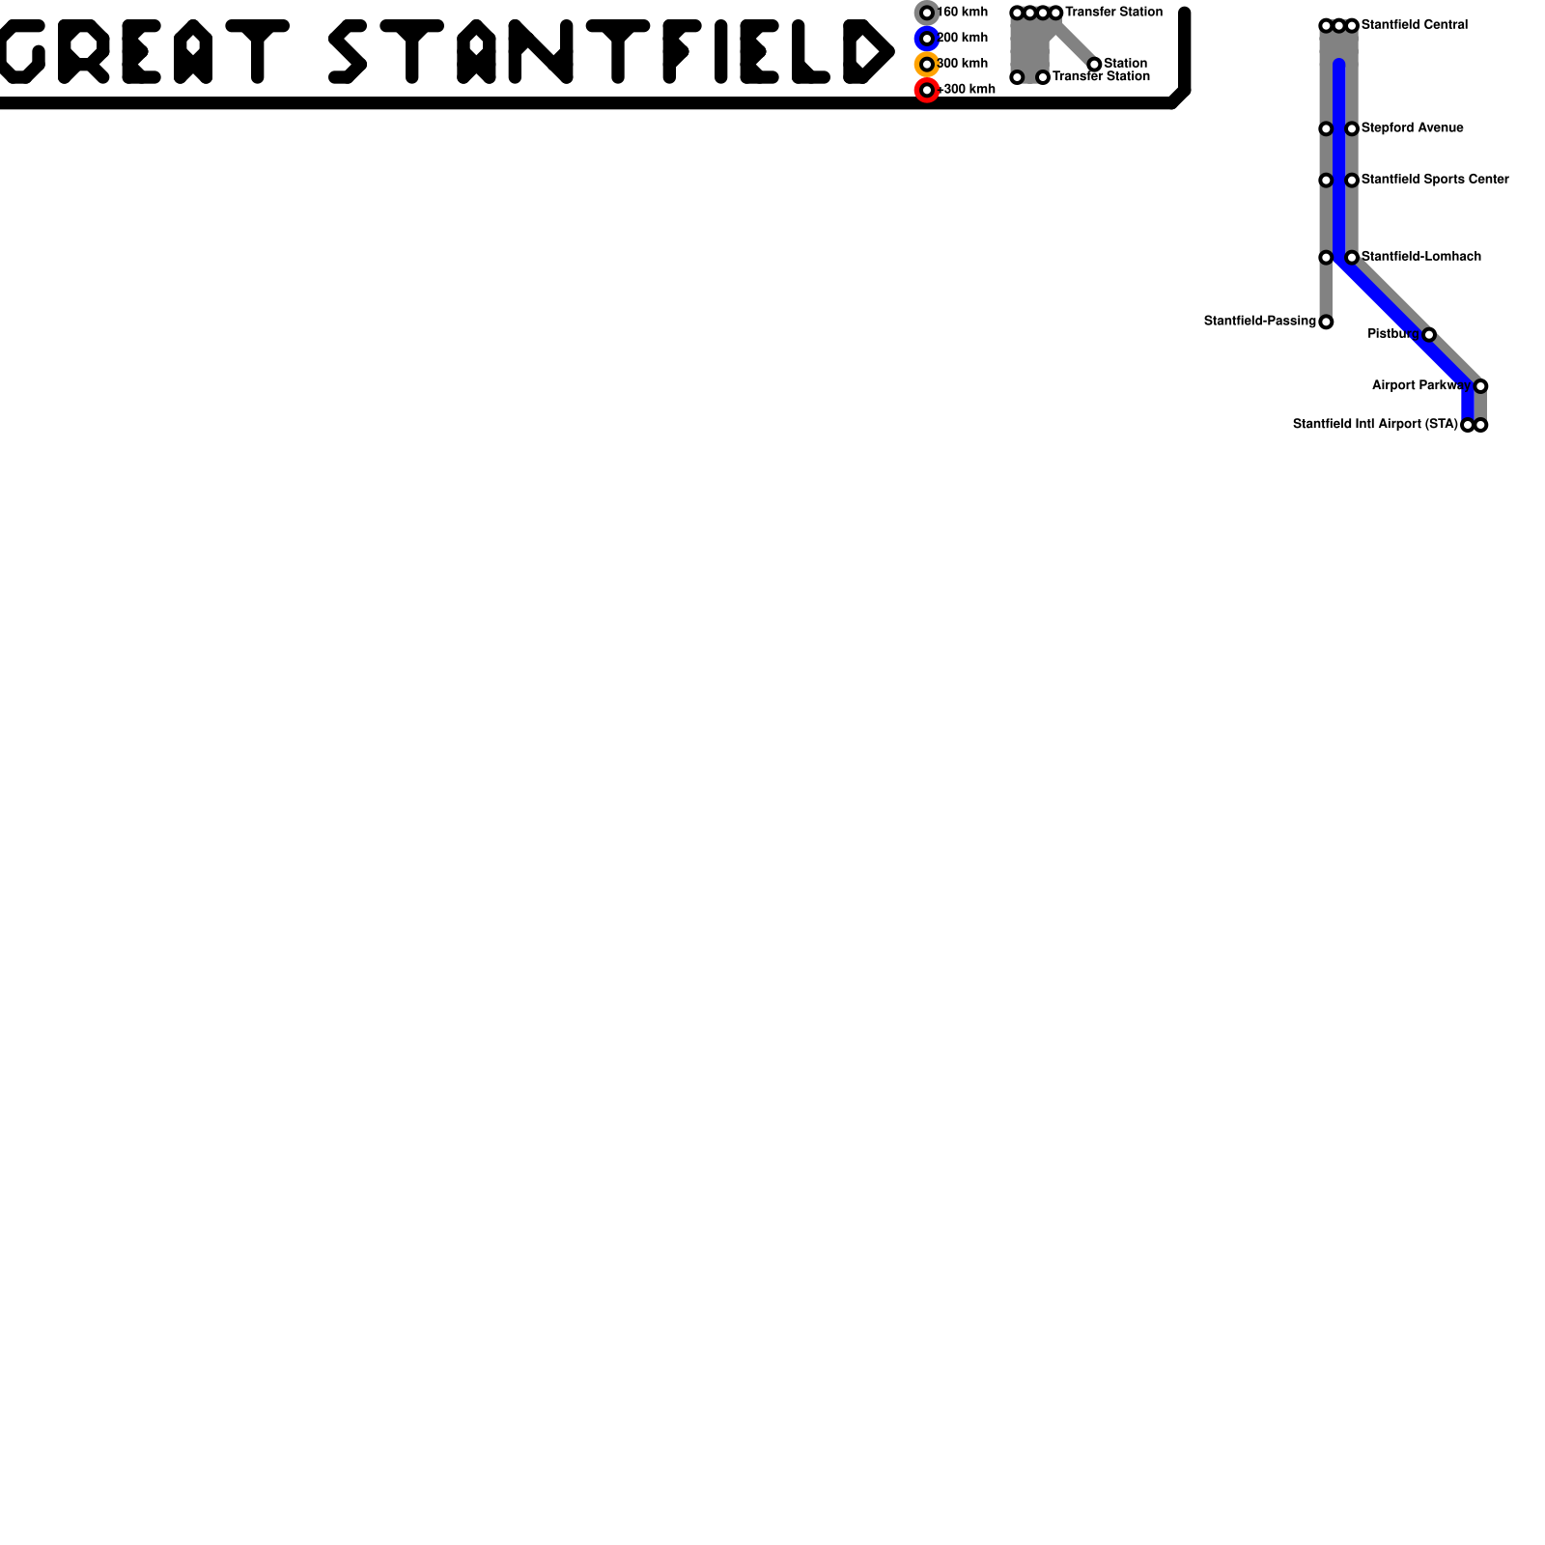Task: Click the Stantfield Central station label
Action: [x=1414, y=25]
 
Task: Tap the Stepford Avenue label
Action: [x=1412, y=128]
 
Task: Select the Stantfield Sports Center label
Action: [x=1434, y=180]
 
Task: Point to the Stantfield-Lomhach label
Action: [x=1420, y=257]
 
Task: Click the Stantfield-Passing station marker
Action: [x=1326, y=322]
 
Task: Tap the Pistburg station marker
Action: [x=1429, y=334]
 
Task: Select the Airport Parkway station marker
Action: [x=1480, y=386]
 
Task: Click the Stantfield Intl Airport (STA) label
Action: [x=1374, y=424]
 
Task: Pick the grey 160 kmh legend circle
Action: [x=927, y=13]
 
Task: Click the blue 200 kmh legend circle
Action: [x=927, y=39]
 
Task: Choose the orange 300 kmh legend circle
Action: [x=927, y=65]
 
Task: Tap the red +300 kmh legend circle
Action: [x=927, y=90]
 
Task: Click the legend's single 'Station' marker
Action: [x=1094, y=65]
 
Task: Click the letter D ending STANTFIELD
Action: [x=867, y=51]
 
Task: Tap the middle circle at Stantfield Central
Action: [x=1338, y=25]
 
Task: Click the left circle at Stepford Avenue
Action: [x=1326, y=128]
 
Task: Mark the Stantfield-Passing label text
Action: [x=1259, y=321]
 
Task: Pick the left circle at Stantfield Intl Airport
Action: [x=1468, y=425]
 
